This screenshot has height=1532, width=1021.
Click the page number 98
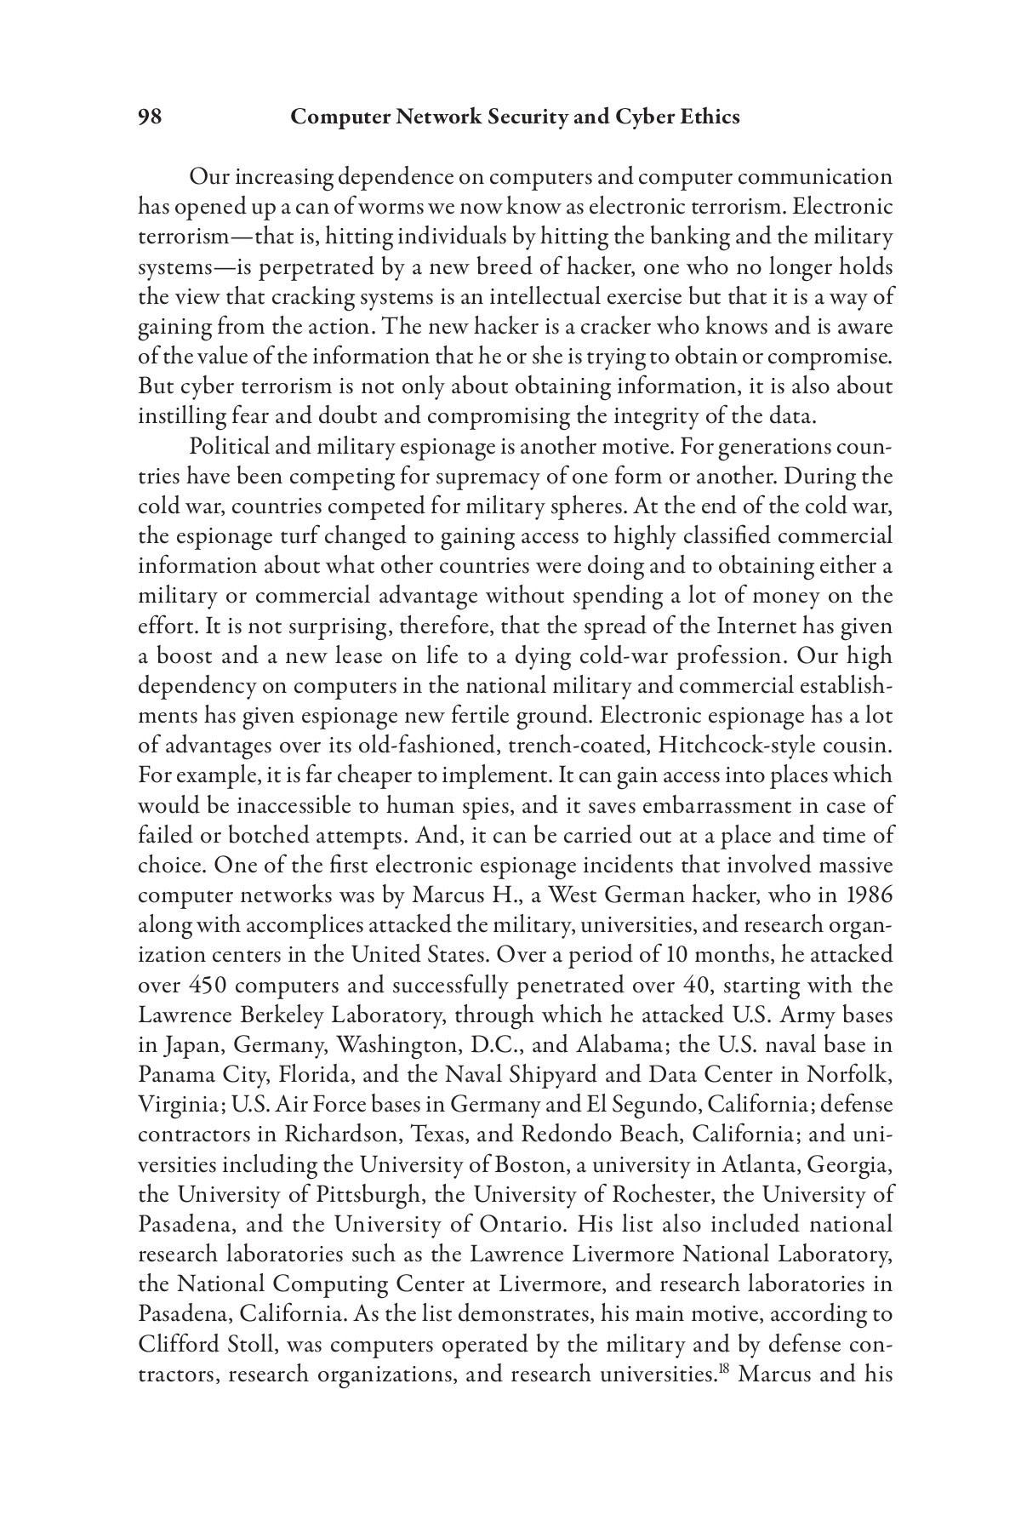pos(150,117)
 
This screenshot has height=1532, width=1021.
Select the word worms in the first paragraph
pos(387,207)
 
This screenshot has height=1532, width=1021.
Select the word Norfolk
pos(858,1075)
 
